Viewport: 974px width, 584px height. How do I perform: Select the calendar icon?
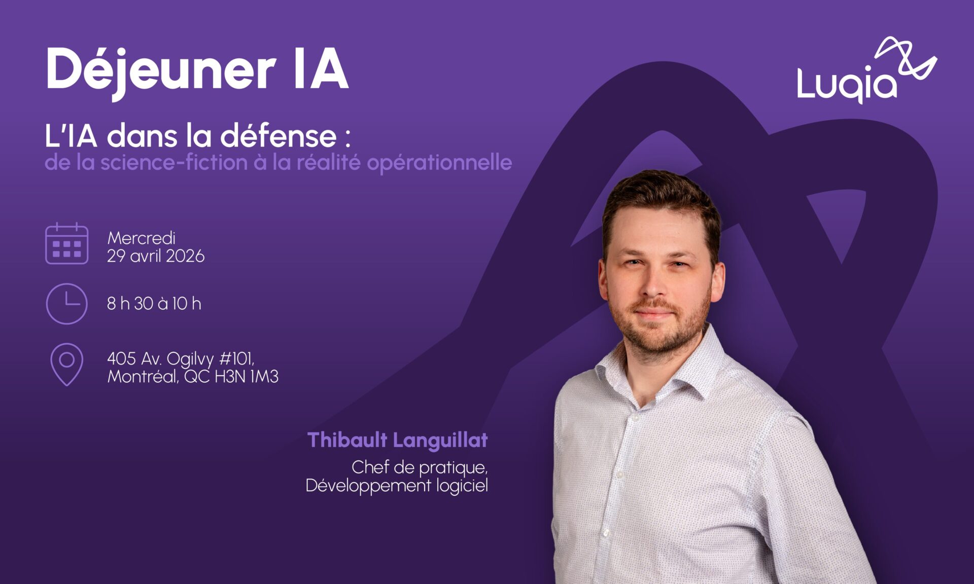tap(66, 243)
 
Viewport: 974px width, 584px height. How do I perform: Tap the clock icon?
tap(66, 304)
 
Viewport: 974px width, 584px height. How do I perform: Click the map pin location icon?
tap(66, 364)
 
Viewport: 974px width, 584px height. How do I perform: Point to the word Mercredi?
tap(142, 238)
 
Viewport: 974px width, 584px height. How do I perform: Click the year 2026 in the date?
tap(185, 256)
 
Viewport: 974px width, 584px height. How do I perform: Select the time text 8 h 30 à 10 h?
tap(154, 303)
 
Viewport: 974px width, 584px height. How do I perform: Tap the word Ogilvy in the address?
tap(190, 359)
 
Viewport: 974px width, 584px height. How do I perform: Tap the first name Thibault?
tap(347, 440)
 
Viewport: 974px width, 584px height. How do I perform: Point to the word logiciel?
tap(462, 486)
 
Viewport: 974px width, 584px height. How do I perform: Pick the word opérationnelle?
tap(439, 163)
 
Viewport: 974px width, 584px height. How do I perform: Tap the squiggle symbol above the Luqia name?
tap(906, 58)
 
